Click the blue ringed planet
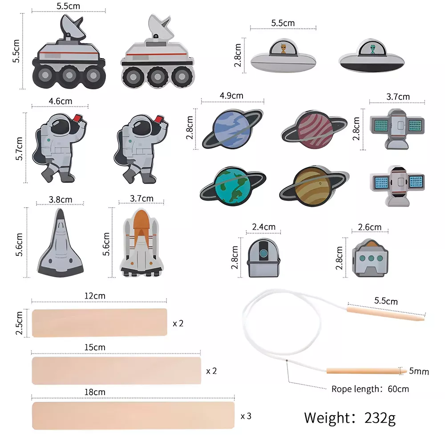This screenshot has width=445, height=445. [232, 129]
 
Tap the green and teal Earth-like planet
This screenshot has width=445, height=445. [233, 186]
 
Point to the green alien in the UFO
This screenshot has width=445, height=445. [372, 49]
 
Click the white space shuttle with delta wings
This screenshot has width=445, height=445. [60, 243]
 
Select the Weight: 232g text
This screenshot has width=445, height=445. [350, 418]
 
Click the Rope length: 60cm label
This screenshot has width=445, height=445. [370, 389]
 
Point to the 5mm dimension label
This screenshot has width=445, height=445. [419, 371]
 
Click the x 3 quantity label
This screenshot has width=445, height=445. [246, 416]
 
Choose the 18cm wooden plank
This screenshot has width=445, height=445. [133, 416]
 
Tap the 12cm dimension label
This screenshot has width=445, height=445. [95, 296]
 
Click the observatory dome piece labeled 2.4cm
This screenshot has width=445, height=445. [263, 258]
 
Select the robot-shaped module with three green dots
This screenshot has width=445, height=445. [370, 258]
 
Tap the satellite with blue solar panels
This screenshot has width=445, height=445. [397, 186]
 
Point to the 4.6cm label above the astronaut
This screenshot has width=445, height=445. [61, 101]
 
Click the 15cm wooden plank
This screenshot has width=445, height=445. [116, 371]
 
